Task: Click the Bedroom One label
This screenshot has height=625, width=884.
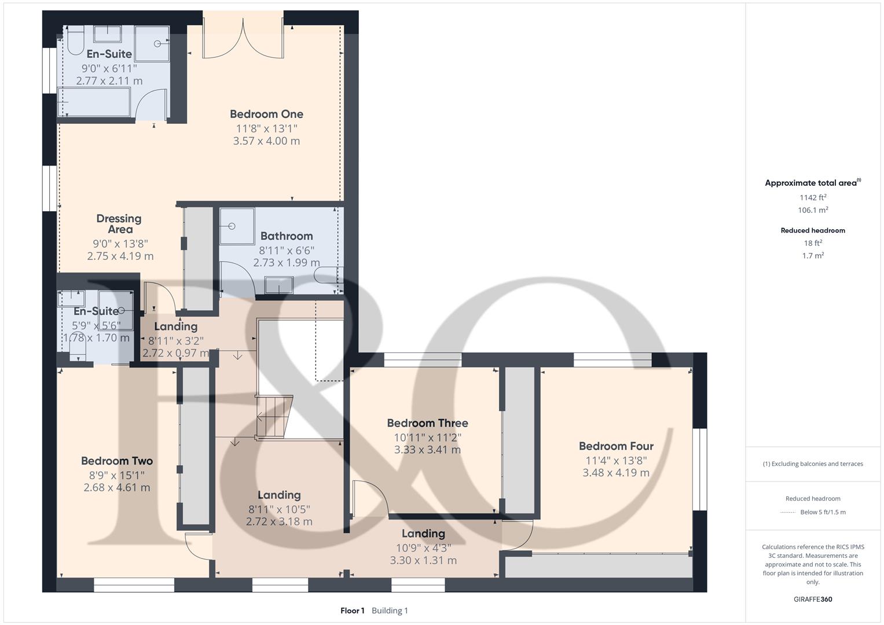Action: pos(266,115)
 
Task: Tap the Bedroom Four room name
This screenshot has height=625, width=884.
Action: pos(616,446)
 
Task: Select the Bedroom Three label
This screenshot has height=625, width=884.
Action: pos(427,424)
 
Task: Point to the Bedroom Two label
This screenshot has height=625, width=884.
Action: pos(117,461)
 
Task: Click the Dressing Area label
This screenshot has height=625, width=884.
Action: pos(119,224)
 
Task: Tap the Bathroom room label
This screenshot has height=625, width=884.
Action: pos(287,236)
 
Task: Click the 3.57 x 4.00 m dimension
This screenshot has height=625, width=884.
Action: pos(266,141)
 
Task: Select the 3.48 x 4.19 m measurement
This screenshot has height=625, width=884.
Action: pos(616,473)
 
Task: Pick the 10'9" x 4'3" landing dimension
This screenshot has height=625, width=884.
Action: pos(423,547)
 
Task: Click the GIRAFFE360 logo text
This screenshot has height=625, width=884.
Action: pos(813,600)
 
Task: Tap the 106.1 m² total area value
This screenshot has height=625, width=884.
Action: pos(813,210)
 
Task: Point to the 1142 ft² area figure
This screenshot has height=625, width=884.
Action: pos(813,197)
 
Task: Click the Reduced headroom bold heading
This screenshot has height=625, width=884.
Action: pos(813,230)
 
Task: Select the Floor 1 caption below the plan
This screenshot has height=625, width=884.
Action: pos(353,611)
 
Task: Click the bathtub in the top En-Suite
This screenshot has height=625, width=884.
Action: pos(94,102)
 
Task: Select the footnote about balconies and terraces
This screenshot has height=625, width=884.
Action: pos(813,464)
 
